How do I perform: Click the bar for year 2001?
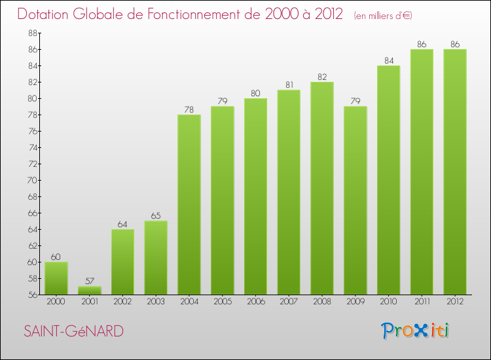click(x=90, y=291)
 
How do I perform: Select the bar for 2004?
click(x=189, y=204)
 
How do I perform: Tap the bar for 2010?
click(x=388, y=180)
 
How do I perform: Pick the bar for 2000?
click(x=56, y=278)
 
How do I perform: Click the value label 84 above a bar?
click(x=388, y=61)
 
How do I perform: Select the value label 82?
click(x=322, y=77)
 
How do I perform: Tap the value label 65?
click(x=156, y=216)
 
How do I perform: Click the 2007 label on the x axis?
click(x=289, y=302)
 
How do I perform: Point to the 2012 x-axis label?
click(x=454, y=302)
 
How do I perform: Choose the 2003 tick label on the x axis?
click(x=156, y=302)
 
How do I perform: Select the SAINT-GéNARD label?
click(x=73, y=331)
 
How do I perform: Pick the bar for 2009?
click(x=355, y=200)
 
